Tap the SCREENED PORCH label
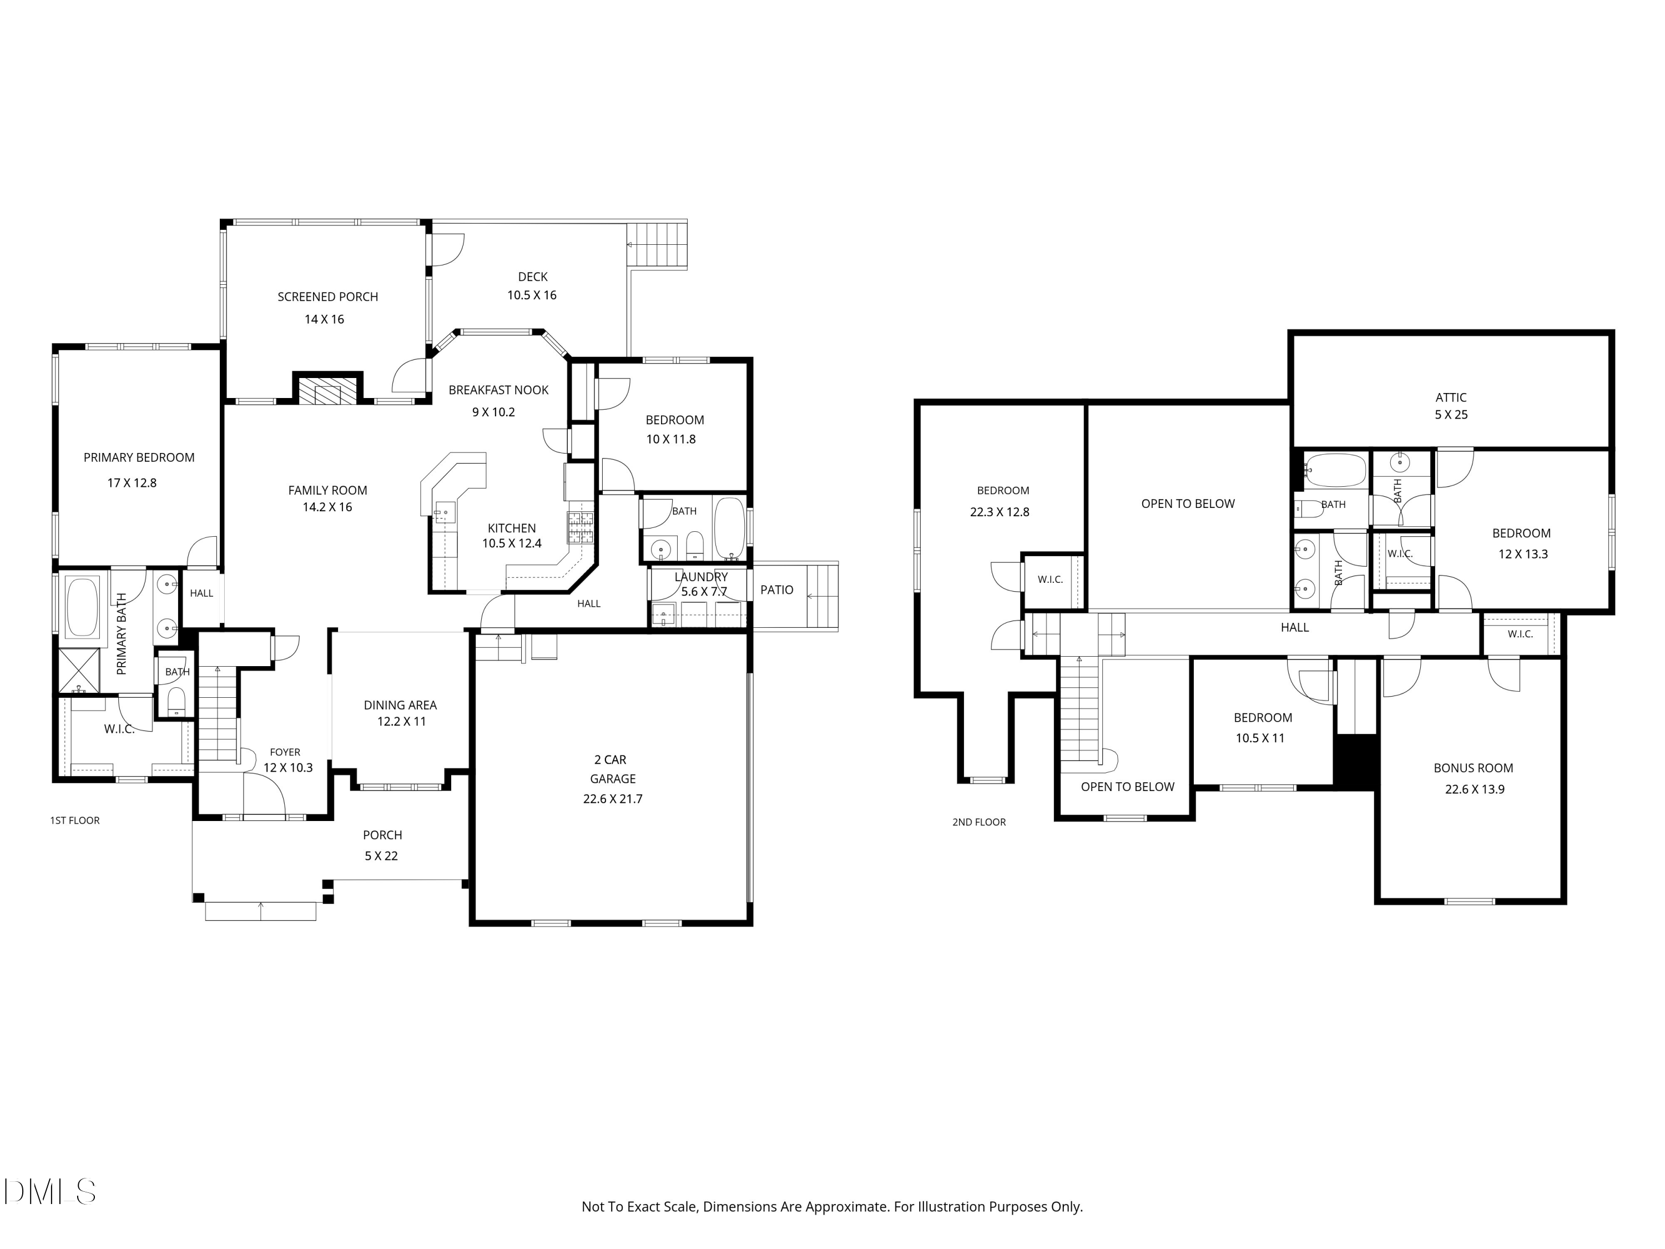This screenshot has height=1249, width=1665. coord(327,296)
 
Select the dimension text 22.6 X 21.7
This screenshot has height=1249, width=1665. coord(613,799)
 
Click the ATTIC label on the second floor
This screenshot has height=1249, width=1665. coord(1450,397)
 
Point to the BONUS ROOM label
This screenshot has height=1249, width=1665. coord(1473,768)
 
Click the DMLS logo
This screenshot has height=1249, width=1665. coord(49,1192)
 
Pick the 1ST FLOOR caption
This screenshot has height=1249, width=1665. coord(74,820)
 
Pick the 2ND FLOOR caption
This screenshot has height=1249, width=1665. coord(978,822)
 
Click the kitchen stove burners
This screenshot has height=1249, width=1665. coord(581,527)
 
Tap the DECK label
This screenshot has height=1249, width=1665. coord(532,276)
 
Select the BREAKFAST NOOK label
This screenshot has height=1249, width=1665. coord(498,390)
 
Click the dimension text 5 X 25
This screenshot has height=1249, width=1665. coord(1450,415)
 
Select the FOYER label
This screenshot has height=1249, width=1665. coord(285,752)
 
